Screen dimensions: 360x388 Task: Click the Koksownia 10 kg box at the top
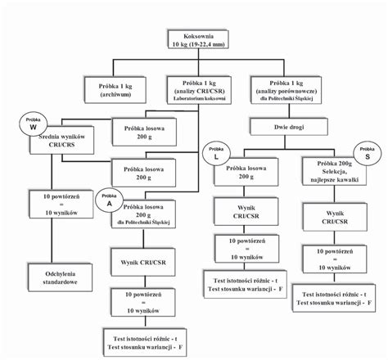197,42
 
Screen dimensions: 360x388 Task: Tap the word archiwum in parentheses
115,93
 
